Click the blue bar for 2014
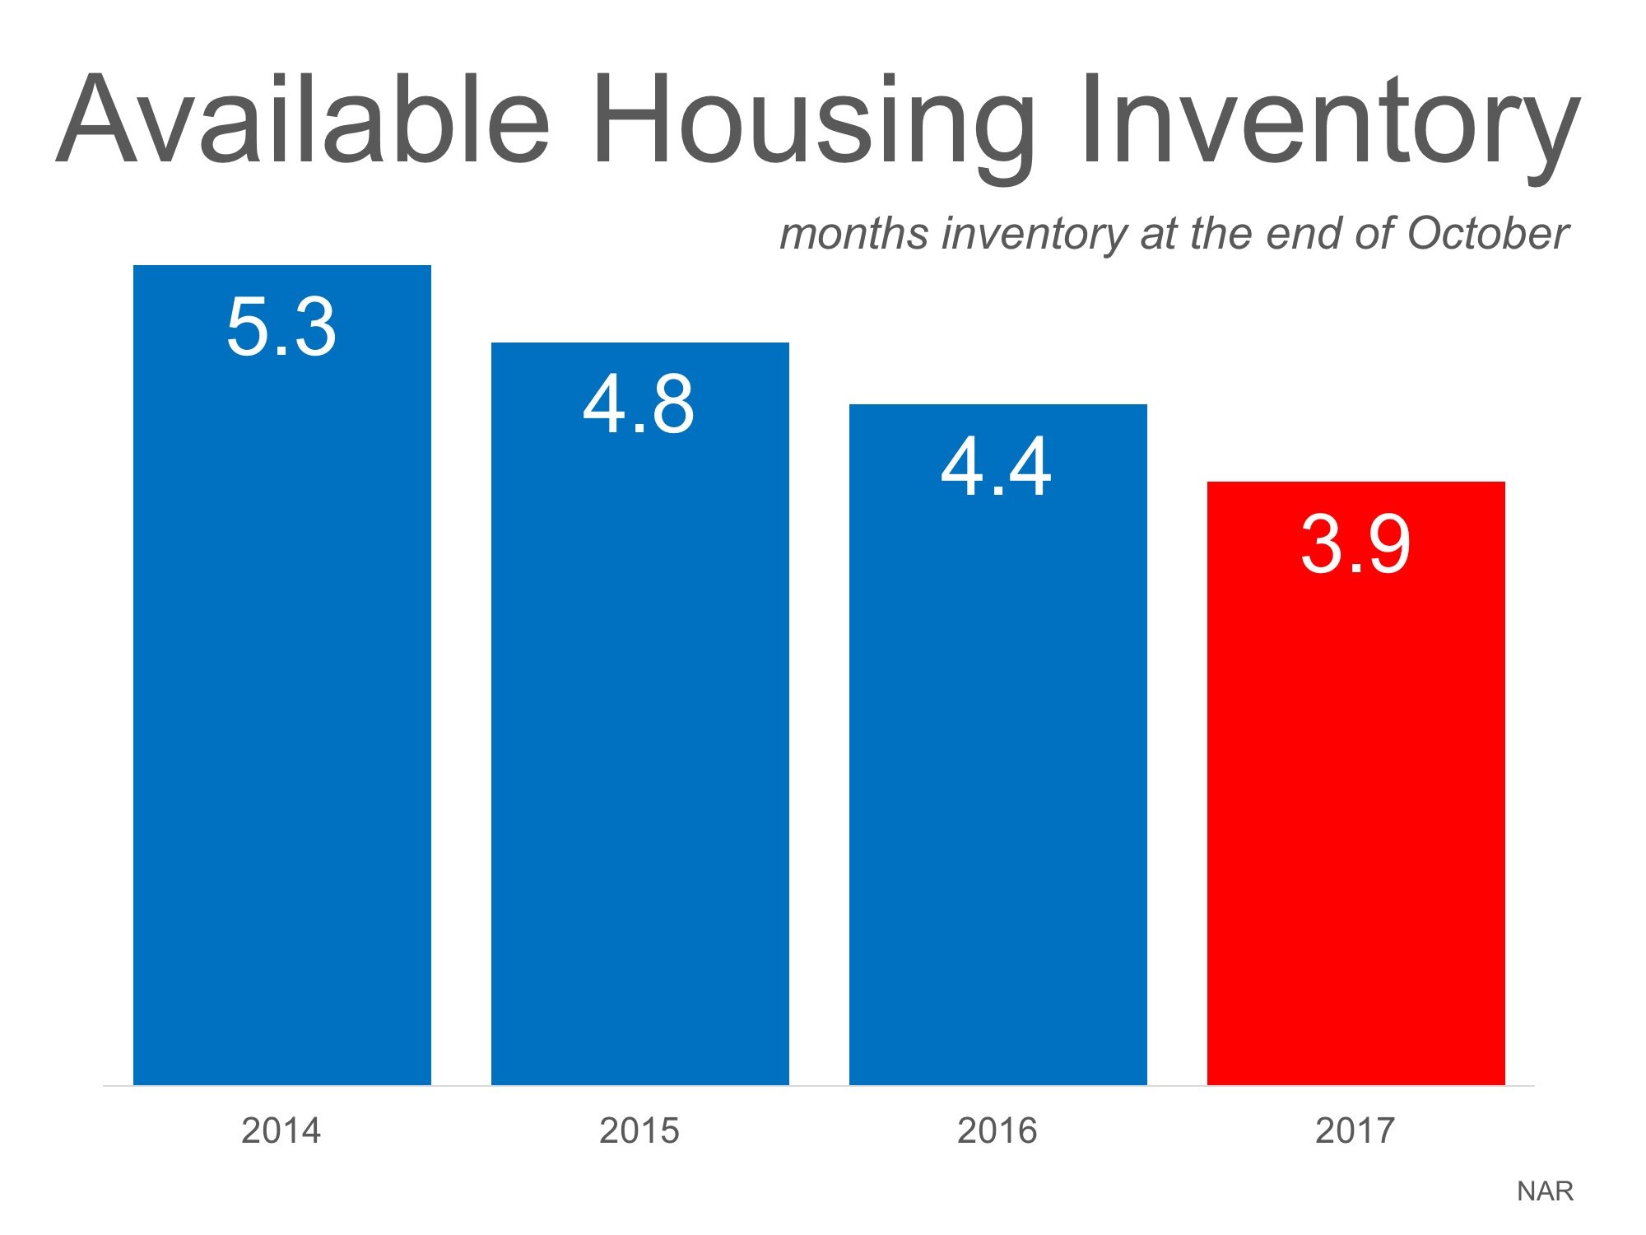coord(281,700)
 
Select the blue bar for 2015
coord(639,741)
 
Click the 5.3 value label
coord(281,328)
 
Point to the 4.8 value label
coord(639,404)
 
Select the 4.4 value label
coord(996,467)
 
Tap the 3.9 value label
coord(1355,543)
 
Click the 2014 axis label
coord(281,1130)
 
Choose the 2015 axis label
coord(639,1130)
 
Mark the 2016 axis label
coord(997,1130)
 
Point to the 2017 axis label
coord(1355,1130)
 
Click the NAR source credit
coord(1545,1191)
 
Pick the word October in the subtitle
coord(1487,233)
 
